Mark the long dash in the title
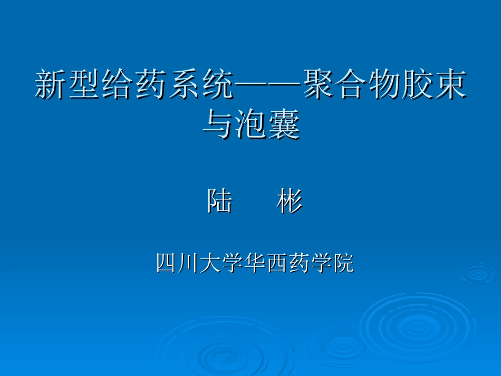(x=268, y=86)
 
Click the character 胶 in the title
(x=418, y=86)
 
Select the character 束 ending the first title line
(x=451, y=86)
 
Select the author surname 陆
(x=219, y=201)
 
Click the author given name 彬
(x=290, y=201)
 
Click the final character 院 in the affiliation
(x=343, y=263)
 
